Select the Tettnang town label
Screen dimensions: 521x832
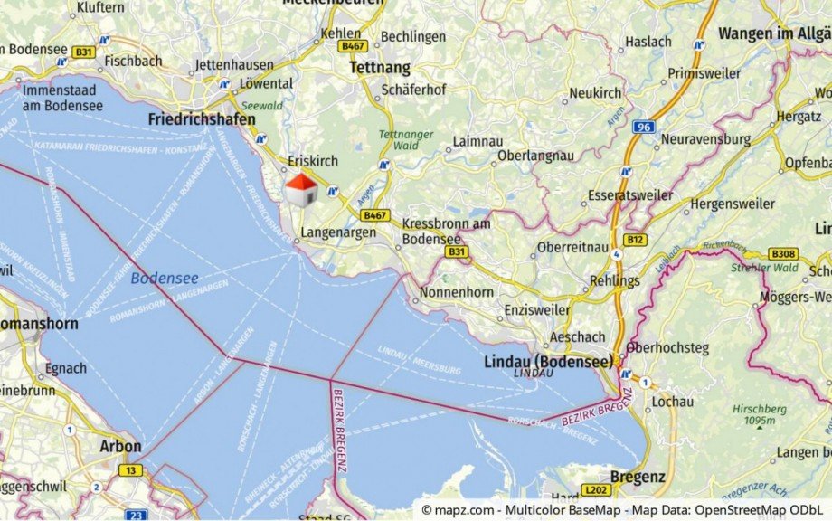(379, 68)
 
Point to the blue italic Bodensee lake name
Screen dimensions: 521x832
(164, 278)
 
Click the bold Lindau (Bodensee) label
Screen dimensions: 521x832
(548, 360)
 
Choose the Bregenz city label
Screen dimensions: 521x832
(638, 477)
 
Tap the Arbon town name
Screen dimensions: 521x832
(120, 446)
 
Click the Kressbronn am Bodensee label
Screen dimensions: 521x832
(446, 231)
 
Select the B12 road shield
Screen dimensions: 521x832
(636, 240)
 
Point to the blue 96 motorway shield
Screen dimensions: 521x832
(643, 127)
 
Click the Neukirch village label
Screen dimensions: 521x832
(595, 93)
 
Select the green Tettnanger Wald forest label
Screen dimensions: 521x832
(400, 138)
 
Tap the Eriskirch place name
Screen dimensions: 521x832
(313, 161)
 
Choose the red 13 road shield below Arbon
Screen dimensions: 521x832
(132, 469)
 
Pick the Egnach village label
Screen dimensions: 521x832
(66, 368)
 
